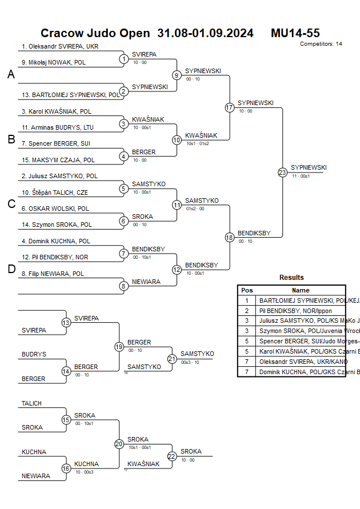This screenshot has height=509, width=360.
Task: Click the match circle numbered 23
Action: click(282, 173)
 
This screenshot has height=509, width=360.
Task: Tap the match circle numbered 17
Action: click(230, 107)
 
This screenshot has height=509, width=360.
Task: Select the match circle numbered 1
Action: click(124, 59)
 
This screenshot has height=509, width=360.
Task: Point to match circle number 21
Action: click(172, 359)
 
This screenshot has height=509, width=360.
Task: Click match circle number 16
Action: click(66, 468)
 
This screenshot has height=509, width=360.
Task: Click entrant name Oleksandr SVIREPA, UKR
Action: click(56, 47)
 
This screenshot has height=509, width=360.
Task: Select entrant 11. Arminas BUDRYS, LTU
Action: click(58, 127)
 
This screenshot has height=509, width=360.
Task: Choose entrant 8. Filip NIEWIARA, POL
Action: click(53, 274)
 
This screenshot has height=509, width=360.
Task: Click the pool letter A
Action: click(11, 75)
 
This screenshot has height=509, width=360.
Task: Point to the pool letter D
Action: click(11, 270)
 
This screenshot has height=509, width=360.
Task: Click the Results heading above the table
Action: click(291, 278)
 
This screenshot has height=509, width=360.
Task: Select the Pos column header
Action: click(247, 290)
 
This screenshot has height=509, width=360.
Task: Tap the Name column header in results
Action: click(301, 290)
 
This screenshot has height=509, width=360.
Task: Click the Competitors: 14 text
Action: click(321, 44)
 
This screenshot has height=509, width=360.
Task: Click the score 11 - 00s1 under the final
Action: click(301, 177)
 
